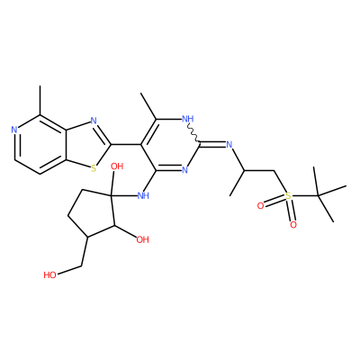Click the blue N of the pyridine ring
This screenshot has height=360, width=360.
click(x=13, y=130)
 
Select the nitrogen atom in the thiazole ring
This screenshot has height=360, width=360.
click(x=94, y=121)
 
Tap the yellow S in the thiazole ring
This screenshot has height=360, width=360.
click(x=94, y=168)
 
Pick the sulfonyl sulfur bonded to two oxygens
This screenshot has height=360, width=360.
click(x=288, y=196)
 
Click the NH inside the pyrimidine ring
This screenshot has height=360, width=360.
click(x=188, y=119)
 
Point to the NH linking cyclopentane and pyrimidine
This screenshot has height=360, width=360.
click(x=143, y=196)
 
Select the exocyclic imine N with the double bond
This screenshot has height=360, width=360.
click(x=229, y=145)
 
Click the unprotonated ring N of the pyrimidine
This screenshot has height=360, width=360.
click(x=184, y=170)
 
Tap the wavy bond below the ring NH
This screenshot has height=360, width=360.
click(x=193, y=133)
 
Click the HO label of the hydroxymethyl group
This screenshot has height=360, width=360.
click(x=49, y=275)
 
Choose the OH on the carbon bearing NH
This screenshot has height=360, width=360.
click(x=117, y=166)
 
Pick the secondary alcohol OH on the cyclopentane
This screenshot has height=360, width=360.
click(x=142, y=239)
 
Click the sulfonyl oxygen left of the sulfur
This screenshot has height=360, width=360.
click(x=260, y=206)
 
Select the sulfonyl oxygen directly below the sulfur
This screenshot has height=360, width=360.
click(x=293, y=225)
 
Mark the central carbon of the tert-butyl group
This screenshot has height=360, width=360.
click(x=319, y=196)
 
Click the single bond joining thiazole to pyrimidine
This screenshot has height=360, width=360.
click(x=126, y=145)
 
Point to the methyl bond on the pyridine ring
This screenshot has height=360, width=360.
click(x=40, y=101)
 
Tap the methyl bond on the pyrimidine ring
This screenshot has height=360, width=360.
click(x=148, y=106)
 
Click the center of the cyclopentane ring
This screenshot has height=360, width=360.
click(x=92, y=214)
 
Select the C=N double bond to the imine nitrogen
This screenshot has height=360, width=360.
click(x=212, y=145)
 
